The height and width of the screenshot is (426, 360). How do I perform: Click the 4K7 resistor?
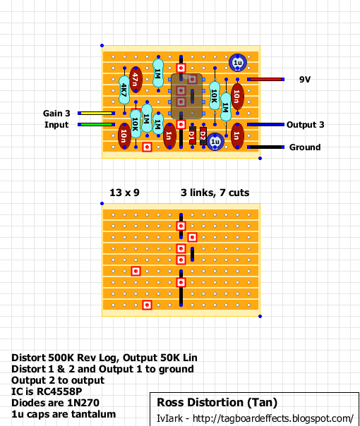pyautogui.click(x=124, y=90)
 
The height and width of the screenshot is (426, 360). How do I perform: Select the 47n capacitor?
pyautogui.click(x=136, y=79)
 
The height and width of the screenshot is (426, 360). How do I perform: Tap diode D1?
pyautogui.click(x=192, y=135)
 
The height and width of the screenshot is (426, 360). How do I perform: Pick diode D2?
pyautogui.click(x=203, y=135)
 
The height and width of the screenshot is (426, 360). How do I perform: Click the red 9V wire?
pyautogui.click(x=265, y=79)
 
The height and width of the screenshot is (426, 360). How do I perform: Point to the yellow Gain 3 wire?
pyautogui.click(x=97, y=113)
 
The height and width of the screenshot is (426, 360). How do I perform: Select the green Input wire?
pyautogui.click(x=97, y=124)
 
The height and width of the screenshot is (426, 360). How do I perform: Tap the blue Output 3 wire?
pyautogui.click(x=265, y=124)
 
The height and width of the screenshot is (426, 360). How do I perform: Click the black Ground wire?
pyautogui.click(x=265, y=147)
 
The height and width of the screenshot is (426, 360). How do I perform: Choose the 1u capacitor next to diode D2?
pyautogui.click(x=215, y=142)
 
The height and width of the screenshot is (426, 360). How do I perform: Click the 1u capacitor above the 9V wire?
pyautogui.click(x=238, y=63)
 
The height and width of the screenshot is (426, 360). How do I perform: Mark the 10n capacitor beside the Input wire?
pyautogui.click(x=124, y=135)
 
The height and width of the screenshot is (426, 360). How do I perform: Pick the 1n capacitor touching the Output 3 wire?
pyautogui.click(x=237, y=135)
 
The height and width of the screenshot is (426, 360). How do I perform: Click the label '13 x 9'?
pyautogui.click(x=124, y=193)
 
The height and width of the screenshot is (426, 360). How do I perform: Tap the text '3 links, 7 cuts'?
pyautogui.click(x=215, y=193)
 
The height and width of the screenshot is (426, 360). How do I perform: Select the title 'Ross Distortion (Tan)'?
pyautogui.click(x=217, y=402)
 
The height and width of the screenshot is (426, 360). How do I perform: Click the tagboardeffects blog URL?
pyautogui.click(x=273, y=418)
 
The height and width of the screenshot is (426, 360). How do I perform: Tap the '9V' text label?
pyautogui.click(x=305, y=79)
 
